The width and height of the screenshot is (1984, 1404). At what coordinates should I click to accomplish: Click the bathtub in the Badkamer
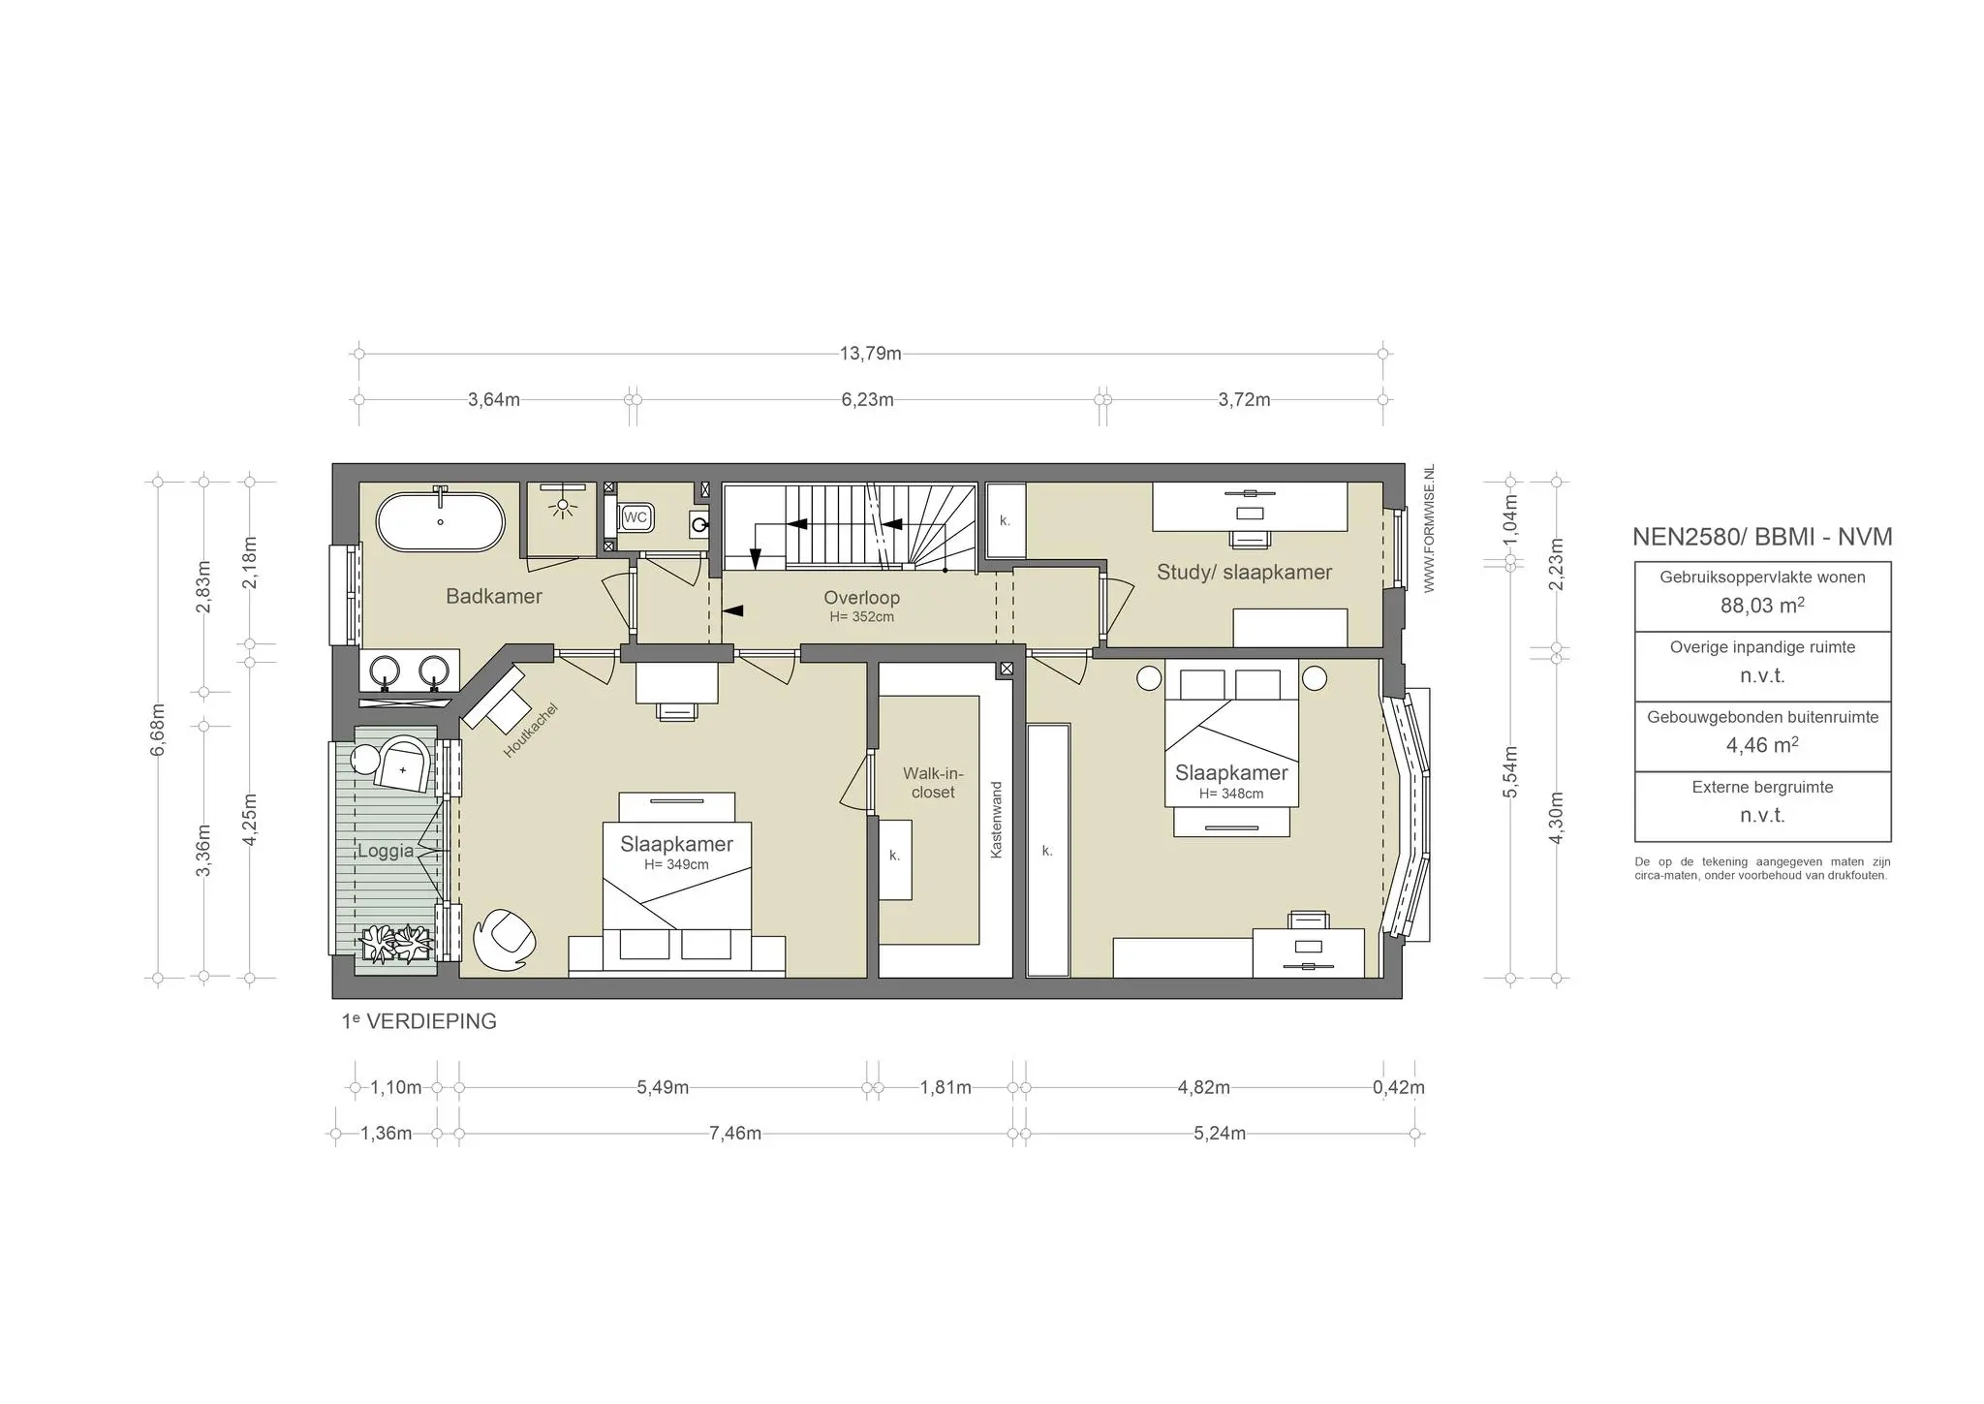point(440,522)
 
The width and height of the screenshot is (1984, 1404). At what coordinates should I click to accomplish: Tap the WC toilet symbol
point(635,517)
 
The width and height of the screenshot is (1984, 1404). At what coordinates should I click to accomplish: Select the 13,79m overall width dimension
point(870,354)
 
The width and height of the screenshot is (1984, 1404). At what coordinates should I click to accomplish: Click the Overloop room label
point(861,598)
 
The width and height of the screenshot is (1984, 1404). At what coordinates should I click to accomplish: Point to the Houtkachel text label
point(530,731)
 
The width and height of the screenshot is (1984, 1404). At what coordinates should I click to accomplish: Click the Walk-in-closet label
point(933,783)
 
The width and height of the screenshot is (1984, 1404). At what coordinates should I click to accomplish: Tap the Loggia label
point(386,851)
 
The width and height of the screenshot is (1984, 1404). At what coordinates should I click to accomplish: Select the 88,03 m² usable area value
point(1762,606)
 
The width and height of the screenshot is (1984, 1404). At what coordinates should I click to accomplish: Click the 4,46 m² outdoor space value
point(1762,745)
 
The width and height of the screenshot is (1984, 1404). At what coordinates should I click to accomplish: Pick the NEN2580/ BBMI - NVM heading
point(1762,537)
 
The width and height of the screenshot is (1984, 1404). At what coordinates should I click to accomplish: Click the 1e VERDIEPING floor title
point(418,1021)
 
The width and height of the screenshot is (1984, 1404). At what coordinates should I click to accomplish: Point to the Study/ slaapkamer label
point(1244,572)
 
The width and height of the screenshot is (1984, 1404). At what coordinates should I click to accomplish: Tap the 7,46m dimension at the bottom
point(735,1134)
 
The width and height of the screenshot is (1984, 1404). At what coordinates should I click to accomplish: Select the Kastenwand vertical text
point(996,820)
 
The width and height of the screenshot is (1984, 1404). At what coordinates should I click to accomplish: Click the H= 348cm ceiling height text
point(1231,794)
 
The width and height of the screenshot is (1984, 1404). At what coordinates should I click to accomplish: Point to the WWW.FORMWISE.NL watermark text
point(1429,529)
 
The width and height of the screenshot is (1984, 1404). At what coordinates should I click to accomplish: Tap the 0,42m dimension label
point(1399,1087)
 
